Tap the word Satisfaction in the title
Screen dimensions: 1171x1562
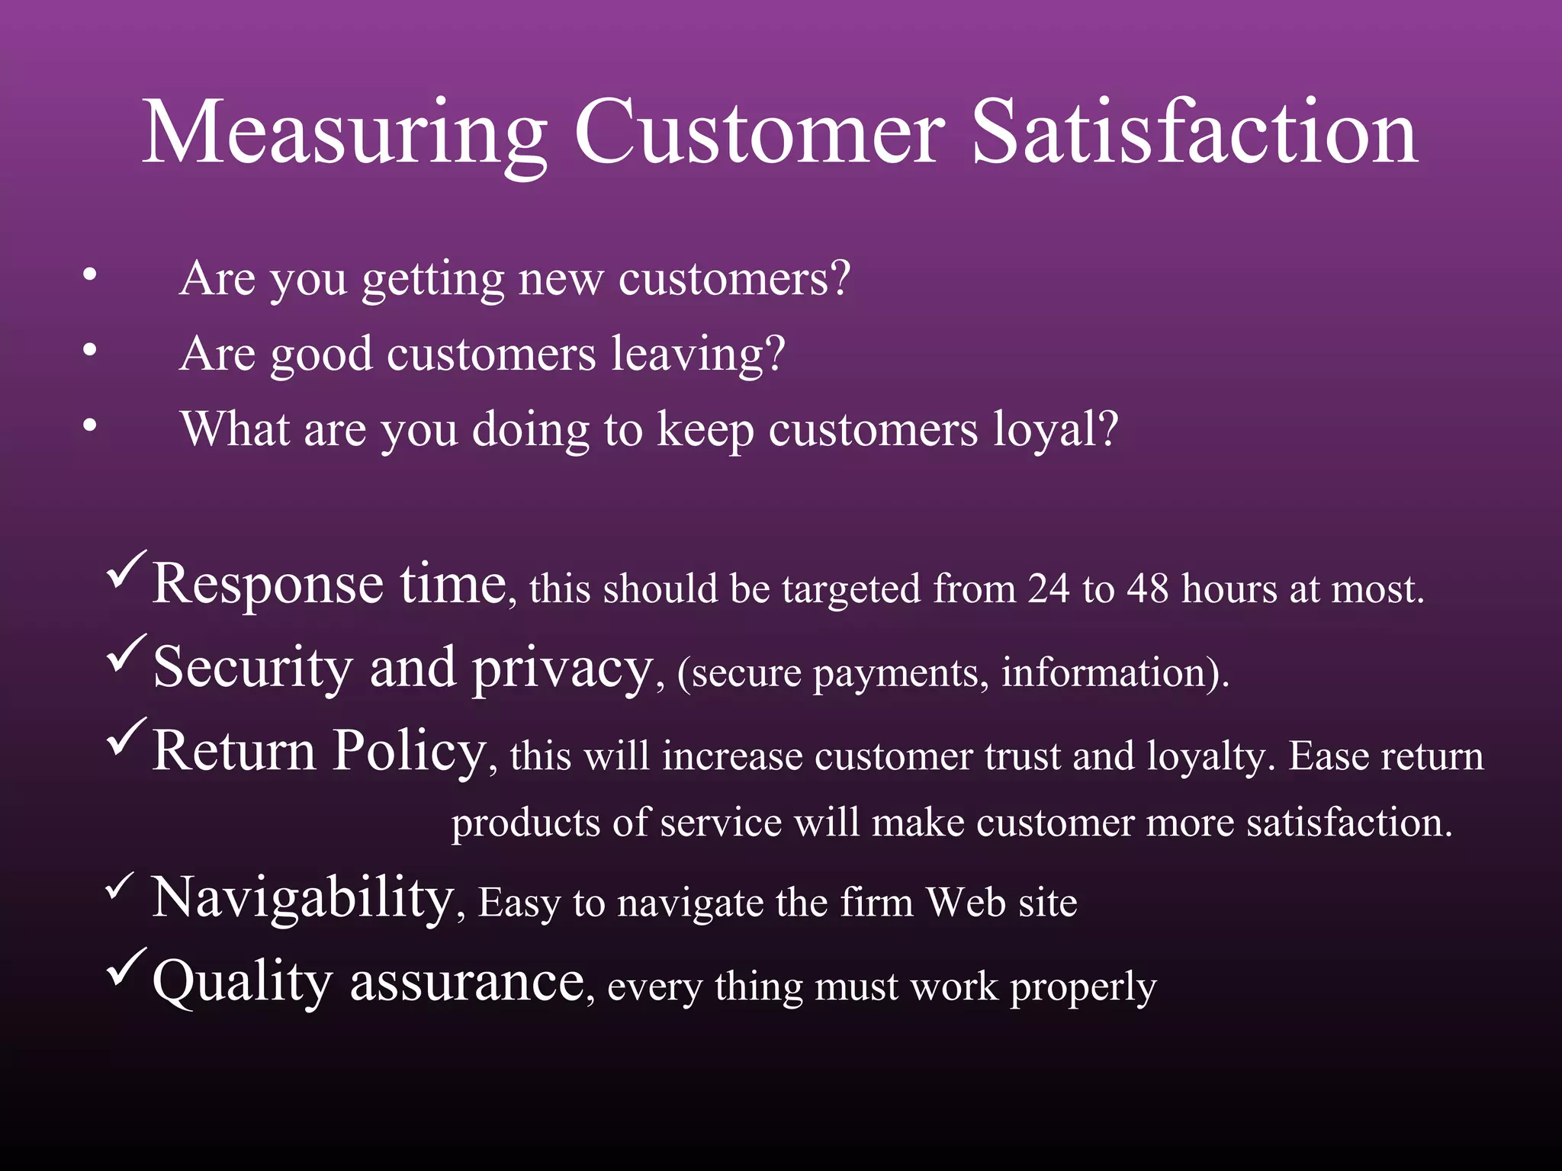tap(1194, 133)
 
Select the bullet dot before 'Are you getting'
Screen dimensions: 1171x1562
tap(90, 275)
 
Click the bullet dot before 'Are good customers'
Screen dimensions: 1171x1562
tap(90, 350)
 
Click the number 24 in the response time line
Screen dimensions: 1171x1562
tap(1048, 589)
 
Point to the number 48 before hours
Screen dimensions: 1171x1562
tap(1148, 589)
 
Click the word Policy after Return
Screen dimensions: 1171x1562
tap(410, 752)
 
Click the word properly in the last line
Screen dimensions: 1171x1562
tap(1083, 988)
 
